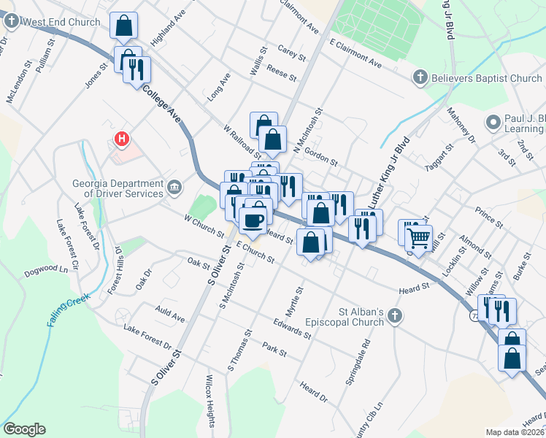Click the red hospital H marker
[122, 137]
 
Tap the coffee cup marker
[253, 220]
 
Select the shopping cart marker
[418, 237]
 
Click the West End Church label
[61, 22]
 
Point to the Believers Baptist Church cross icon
[420, 77]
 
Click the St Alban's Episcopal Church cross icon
[395, 316]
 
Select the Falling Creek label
[69, 310]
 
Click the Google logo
[24, 429]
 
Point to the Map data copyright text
[515, 431]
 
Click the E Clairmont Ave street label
[355, 55]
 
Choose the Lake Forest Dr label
[147, 337]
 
